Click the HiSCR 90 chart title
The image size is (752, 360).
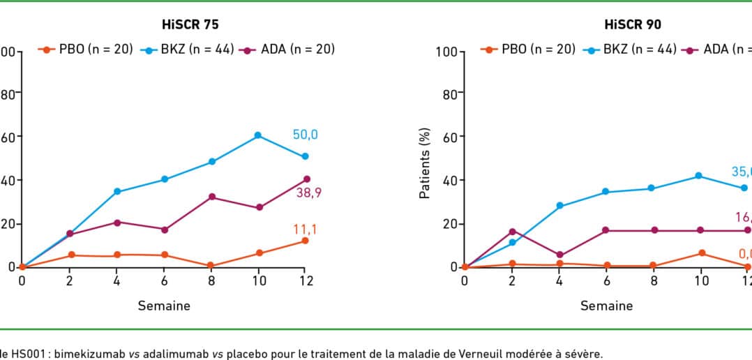633,24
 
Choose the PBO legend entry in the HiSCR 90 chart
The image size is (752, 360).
528,50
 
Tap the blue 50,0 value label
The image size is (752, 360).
305,135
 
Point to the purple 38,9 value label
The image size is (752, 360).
308,193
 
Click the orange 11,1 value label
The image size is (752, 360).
305,229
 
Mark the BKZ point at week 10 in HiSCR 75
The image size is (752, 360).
258,135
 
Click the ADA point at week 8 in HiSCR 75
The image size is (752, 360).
211,197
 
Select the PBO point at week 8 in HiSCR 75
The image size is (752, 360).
211,266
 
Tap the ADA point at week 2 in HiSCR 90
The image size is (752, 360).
512,232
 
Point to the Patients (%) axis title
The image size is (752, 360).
425,163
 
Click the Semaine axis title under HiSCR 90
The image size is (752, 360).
606,306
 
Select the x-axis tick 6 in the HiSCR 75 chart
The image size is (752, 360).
164,280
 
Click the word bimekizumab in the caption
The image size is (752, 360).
74,354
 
